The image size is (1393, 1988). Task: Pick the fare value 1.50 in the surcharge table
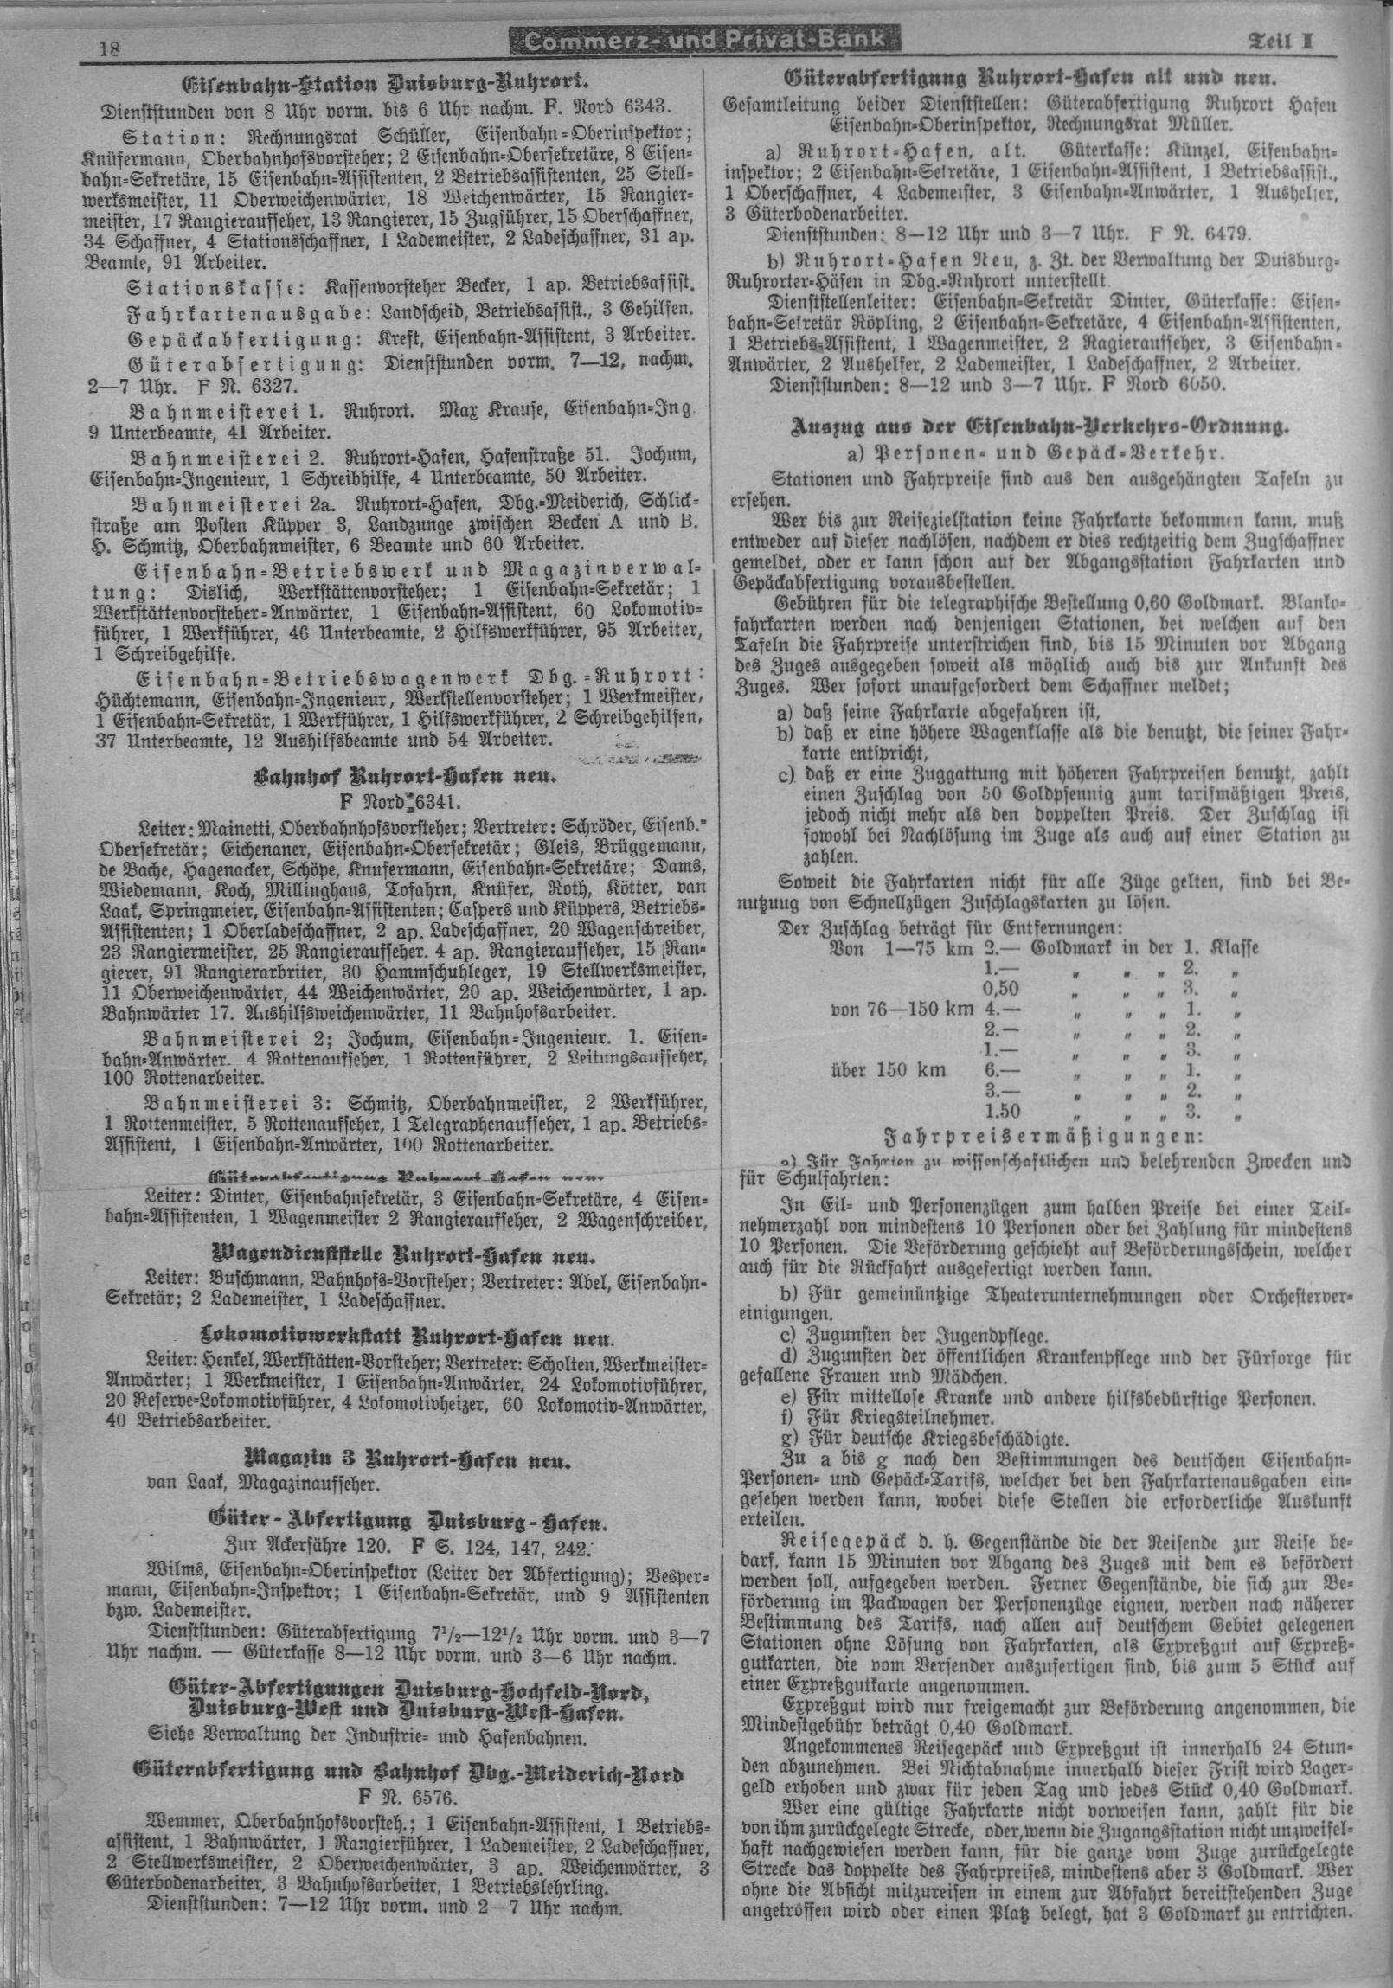pos(1002,1112)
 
